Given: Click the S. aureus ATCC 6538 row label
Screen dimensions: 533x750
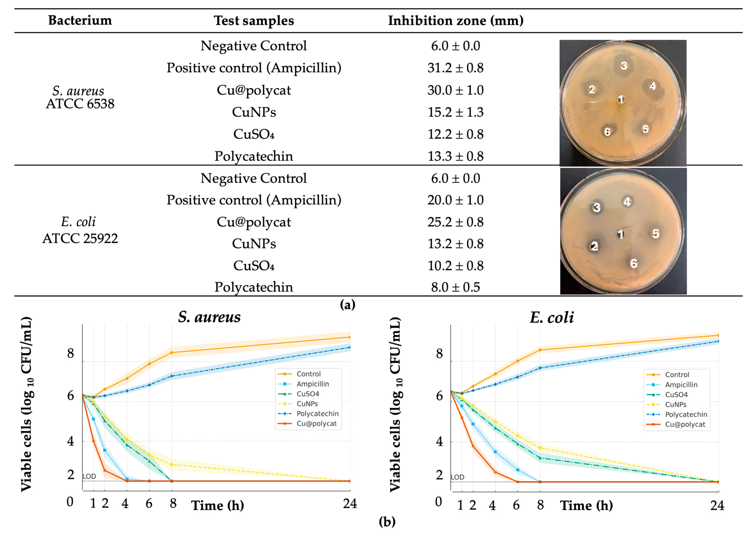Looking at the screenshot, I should (x=80, y=97).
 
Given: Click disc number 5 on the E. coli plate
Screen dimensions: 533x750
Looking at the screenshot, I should (x=655, y=234).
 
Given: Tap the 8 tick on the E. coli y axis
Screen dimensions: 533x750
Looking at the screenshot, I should (x=439, y=354).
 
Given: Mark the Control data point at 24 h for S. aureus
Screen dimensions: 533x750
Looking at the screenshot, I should (x=350, y=337).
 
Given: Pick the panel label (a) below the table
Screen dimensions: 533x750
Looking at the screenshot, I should (x=348, y=305).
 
